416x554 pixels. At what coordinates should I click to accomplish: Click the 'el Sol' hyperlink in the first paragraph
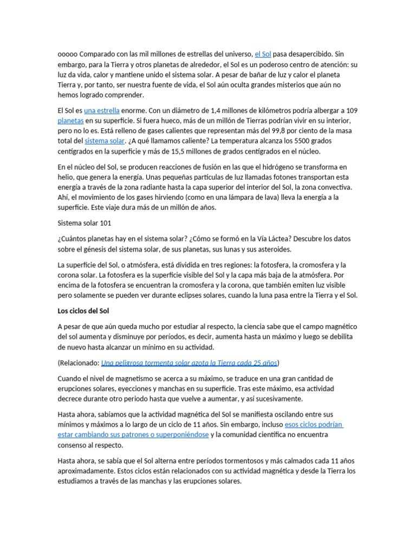point(263,54)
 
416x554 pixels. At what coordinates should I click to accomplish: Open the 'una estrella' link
point(102,110)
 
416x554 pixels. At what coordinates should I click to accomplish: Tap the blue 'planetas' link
point(70,121)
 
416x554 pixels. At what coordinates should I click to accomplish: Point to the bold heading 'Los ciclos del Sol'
point(83,311)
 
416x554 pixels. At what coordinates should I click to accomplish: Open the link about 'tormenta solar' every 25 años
point(189,362)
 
